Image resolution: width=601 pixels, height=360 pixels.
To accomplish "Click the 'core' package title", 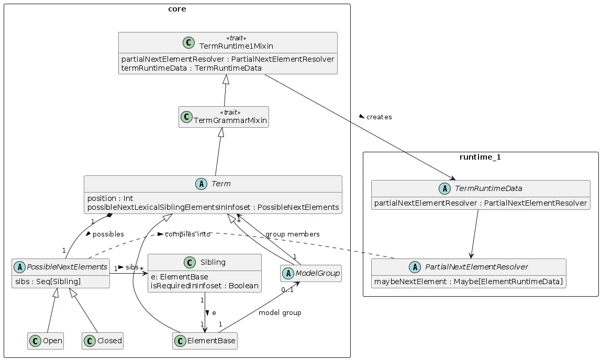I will [x=177, y=9].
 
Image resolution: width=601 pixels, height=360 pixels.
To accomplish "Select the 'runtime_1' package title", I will [x=480, y=157].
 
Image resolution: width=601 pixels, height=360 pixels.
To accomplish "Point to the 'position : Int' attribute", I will [x=110, y=198].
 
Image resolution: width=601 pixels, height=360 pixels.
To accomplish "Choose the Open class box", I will [x=46, y=341].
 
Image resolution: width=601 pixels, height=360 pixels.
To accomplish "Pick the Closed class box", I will [x=103, y=341].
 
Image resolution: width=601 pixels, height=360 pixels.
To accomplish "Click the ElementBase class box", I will [x=205, y=341].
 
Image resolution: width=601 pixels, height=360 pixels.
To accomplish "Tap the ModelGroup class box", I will [x=311, y=273].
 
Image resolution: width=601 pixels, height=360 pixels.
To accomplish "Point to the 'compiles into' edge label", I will [x=187, y=234].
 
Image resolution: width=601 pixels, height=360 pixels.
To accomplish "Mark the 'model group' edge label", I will [x=280, y=313].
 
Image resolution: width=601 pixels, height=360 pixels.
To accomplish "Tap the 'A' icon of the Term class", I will [x=201, y=184].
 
